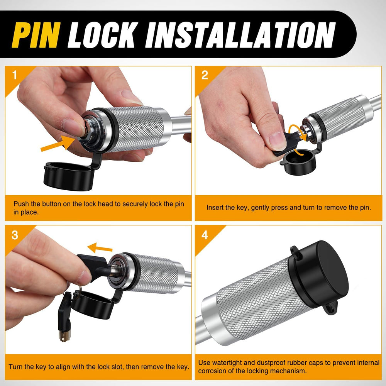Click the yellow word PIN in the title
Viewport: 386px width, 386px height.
pos(36,35)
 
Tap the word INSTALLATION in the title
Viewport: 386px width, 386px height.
pos(240,35)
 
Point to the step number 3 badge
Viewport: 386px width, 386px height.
pos(15,235)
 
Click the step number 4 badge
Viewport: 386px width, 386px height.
pos(205,235)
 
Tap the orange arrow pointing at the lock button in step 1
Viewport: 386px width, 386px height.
pos(58,144)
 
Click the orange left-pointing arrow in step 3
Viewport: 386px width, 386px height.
pos(100,248)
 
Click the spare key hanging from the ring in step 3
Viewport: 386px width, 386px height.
pos(64,318)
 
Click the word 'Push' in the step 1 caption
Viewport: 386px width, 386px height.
pos(21,204)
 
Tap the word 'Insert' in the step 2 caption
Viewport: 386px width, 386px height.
pos(216,208)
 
